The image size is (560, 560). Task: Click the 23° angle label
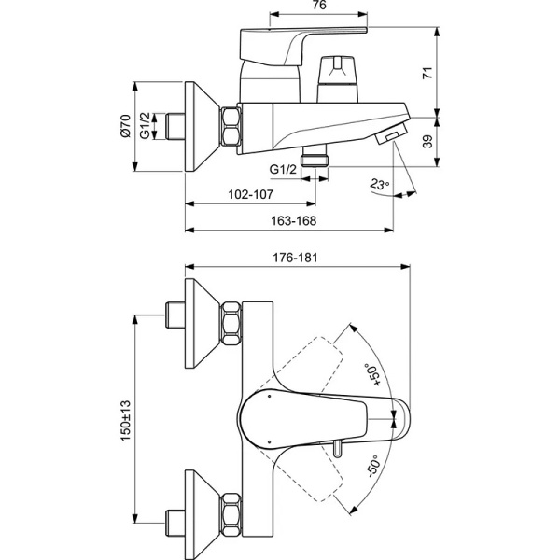click(x=379, y=184)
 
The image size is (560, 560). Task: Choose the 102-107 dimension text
click(x=250, y=195)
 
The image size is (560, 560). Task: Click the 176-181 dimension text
click(x=297, y=256)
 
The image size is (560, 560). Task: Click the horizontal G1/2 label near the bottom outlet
click(x=283, y=168)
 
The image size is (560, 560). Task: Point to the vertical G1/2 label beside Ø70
click(x=145, y=126)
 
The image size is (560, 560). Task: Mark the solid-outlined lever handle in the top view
click(x=317, y=420)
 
